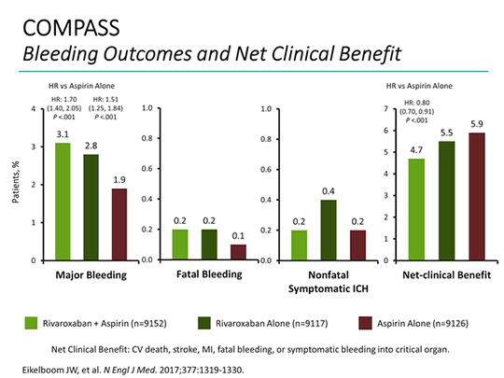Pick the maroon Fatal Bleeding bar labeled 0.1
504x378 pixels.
click(239, 251)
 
